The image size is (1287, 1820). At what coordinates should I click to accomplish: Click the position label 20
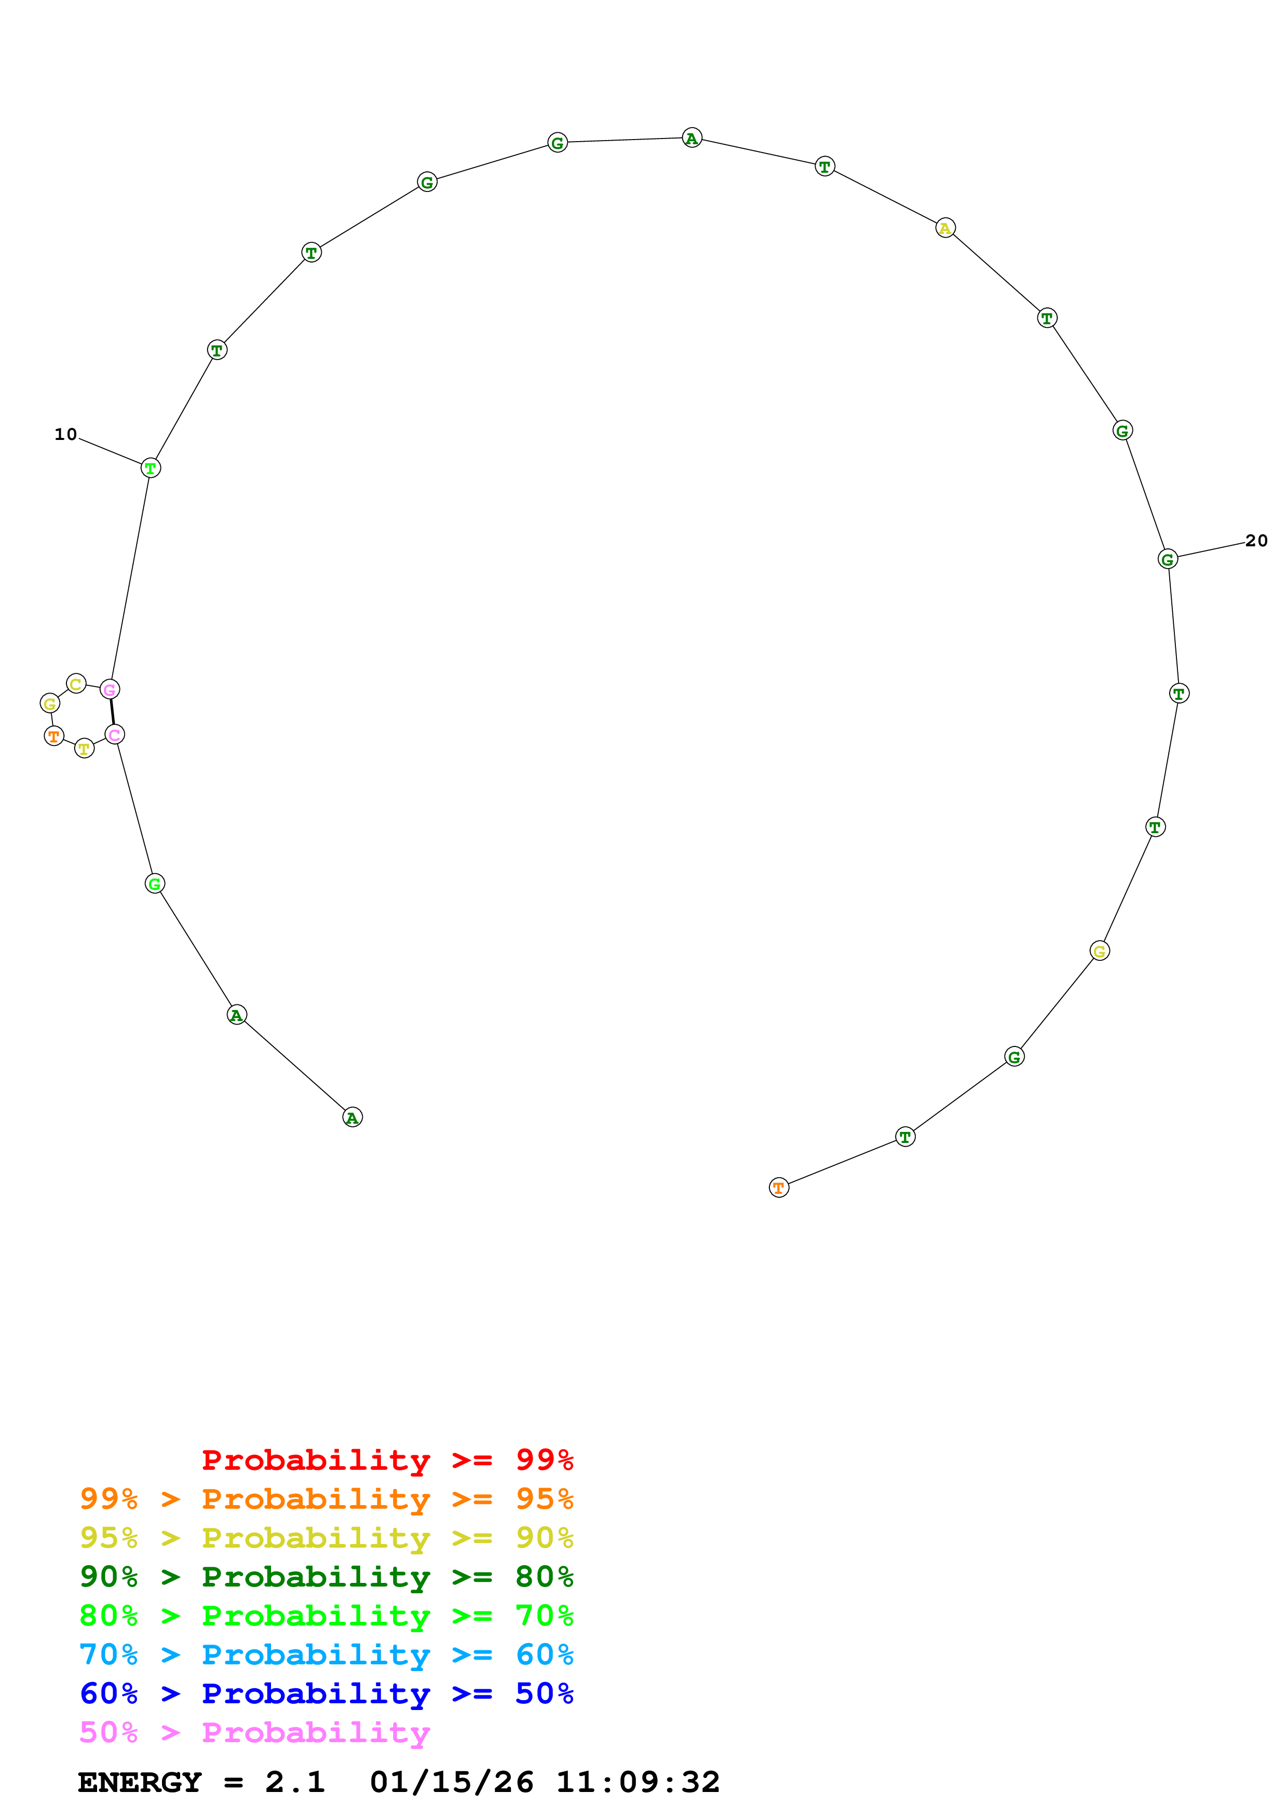pos(1256,541)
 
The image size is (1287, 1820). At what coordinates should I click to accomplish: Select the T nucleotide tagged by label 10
pos(151,468)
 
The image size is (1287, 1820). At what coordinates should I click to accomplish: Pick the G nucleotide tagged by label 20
pos(1167,560)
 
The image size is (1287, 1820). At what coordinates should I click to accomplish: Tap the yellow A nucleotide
pos(945,228)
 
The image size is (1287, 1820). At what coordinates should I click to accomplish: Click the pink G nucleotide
pos(110,690)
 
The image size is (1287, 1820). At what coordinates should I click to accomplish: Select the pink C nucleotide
pos(115,735)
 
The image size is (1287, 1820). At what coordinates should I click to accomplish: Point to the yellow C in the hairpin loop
pos(76,683)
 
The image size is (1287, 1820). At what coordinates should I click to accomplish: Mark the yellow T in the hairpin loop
pos(84,748)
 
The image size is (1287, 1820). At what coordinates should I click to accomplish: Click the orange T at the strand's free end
pos(779,1188)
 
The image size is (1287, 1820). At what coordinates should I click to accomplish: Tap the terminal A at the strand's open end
pos(352,1118)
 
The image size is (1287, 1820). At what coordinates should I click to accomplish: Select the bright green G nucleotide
pos(155,884)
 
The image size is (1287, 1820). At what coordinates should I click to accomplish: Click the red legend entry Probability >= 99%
pos(387,1460)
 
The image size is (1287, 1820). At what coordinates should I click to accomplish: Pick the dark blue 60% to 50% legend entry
pos(326,1693)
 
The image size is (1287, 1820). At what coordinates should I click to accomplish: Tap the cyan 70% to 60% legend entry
pos(326,1654)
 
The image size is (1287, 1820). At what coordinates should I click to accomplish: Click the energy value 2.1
pos(295,1782)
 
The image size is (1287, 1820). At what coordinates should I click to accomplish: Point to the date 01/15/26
pos(451,1782)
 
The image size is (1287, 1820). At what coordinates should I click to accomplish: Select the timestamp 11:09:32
pos(638,1782)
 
